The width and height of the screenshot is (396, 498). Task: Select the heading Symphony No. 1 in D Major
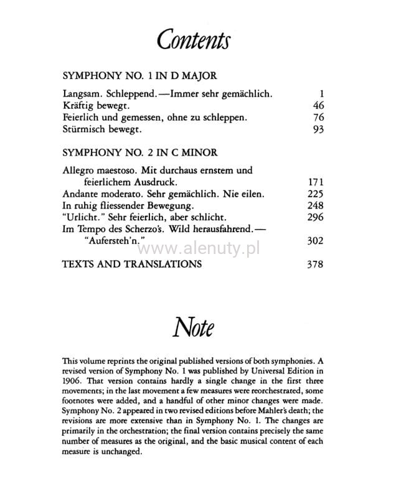click(139, 76)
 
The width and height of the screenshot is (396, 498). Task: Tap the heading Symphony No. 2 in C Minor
click(139, 153)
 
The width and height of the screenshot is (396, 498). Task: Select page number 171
click(316, 182)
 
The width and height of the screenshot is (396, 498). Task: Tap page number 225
click(316, 194)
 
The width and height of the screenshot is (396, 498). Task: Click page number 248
click(316, 205)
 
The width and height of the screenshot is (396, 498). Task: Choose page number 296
click(316, 217)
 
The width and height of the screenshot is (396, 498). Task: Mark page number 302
click(316, 240)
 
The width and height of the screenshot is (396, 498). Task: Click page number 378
click(316, 264)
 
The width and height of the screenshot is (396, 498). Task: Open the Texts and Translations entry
click(132, 264)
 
